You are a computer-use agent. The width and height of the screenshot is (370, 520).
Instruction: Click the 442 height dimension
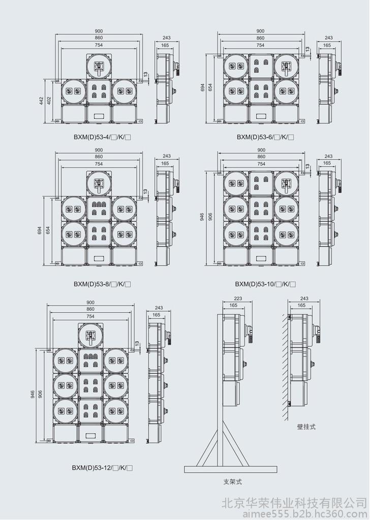(41, 101)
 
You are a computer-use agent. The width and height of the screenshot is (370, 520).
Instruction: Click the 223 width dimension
(238, 299)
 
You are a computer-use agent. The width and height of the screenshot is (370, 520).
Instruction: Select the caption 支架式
(233, 481)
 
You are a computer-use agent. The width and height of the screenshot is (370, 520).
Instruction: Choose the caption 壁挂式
(306, 427)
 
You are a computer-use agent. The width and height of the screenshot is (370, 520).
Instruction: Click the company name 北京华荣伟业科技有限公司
(295, 503)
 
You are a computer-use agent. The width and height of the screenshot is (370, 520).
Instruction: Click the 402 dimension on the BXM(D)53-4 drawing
(49, 101)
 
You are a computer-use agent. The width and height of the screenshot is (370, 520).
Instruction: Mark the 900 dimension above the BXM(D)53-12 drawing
(90, 303)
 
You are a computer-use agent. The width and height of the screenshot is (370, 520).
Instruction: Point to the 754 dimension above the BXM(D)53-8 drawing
(99, 164)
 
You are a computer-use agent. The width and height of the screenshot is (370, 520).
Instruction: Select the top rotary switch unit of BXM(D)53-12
(90, 335)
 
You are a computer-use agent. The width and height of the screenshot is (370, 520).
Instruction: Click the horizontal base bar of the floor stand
(231, 469)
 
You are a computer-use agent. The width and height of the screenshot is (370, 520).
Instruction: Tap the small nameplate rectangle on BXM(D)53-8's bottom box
(99, 257)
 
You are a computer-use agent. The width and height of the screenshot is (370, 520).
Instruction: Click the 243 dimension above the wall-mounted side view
(304, 299)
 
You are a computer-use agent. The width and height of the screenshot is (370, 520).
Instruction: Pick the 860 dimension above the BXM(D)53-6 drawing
(261, 38)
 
